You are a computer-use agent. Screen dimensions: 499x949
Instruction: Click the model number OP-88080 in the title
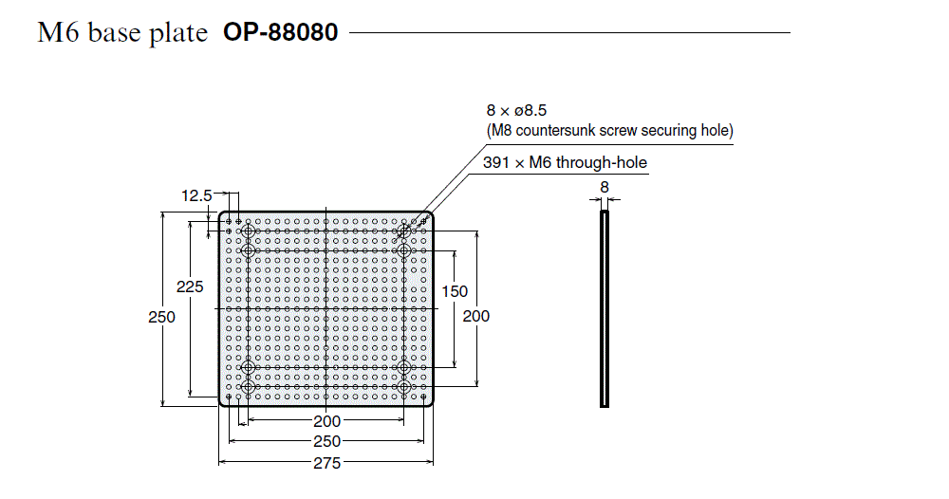280,32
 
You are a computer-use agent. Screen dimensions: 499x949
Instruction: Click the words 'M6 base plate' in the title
122,33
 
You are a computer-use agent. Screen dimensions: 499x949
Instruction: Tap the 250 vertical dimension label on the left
161,318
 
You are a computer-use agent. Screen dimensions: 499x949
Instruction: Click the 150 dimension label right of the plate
455,291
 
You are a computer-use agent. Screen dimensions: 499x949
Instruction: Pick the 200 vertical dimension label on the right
476,316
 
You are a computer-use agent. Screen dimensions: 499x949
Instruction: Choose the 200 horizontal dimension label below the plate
326,421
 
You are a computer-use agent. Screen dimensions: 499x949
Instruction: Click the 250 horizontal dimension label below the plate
326,441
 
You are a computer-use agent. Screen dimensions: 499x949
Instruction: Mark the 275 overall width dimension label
326,462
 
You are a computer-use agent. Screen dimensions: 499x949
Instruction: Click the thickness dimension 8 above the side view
604,188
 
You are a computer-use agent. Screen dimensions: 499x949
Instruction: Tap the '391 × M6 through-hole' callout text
564,162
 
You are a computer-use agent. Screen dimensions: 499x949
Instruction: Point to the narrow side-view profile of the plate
604,309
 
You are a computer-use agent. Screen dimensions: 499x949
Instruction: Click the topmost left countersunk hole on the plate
249,231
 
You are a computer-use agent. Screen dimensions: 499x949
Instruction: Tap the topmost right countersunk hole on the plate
405,231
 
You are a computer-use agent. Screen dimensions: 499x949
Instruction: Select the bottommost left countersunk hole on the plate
249,388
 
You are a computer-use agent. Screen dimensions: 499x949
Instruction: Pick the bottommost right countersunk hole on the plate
405,388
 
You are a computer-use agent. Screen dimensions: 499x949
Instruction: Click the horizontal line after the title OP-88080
569,33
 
